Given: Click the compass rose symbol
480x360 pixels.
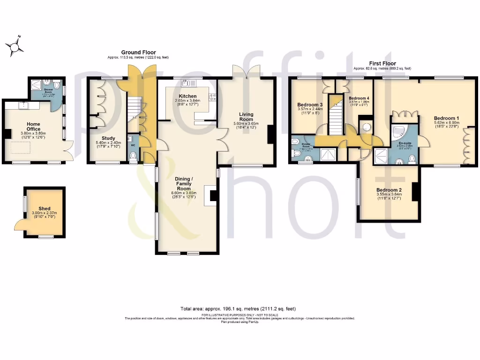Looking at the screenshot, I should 15,46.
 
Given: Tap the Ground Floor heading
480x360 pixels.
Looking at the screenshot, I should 138,52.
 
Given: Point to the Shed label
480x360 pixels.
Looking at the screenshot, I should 44,209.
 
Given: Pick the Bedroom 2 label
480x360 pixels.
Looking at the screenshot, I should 389,190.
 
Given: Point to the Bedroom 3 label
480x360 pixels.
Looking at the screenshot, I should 310,105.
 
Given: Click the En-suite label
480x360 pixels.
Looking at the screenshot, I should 405,142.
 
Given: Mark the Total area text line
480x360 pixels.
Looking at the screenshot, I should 238,309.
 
